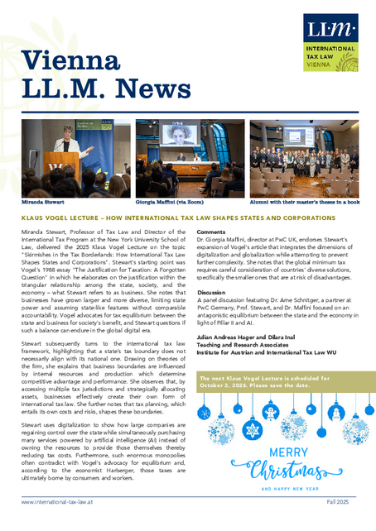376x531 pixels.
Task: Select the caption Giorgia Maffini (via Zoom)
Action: pos(168,201)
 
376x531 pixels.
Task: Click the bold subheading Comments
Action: pos(211,232)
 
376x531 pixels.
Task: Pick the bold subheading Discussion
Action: pos(213,292)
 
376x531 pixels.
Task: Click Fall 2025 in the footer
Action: pos(339,502)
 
